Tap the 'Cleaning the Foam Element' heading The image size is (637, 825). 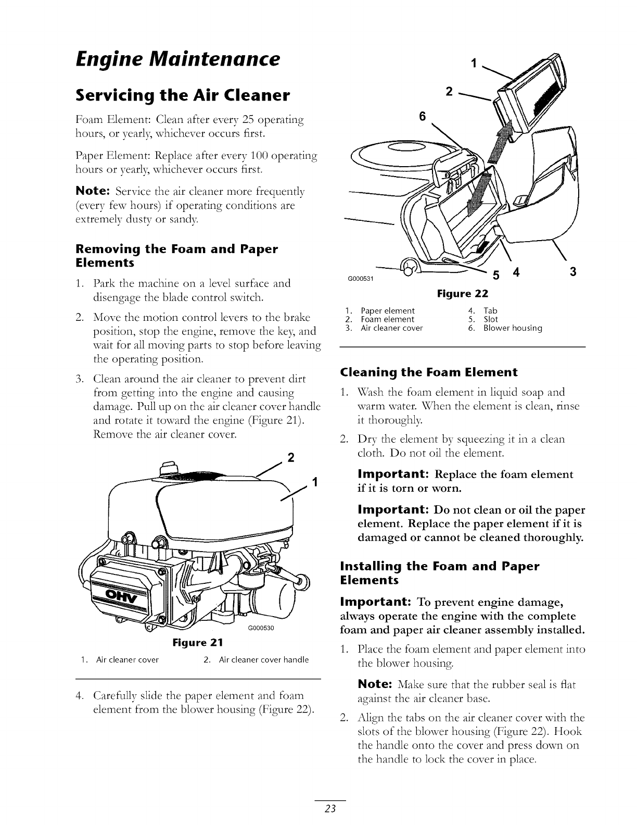[x=429, y=372]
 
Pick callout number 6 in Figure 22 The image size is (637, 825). [x=423, y=118]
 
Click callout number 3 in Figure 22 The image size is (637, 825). [x=573, y=271]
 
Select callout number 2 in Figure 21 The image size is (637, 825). [x=291, y=458]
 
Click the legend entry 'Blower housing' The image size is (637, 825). [x=513, y=328]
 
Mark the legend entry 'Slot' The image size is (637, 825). [x=491, y=319]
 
